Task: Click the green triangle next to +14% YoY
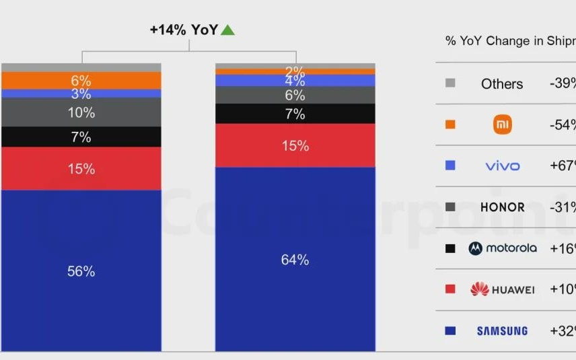coord(227,30)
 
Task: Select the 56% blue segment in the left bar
coord(81,271)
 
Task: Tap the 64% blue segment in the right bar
coord(295,259)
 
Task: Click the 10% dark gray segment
coord(81,112)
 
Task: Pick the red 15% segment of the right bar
coord(295,145)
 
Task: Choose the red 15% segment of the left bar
coord(81,169)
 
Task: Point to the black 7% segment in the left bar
coord(81,137)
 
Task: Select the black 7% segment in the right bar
coord(295,114)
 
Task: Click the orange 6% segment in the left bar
coord(81,80)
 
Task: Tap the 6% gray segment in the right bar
coord(295,95)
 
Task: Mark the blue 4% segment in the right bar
coord(295,81)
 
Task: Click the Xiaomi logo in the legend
coord(503,124)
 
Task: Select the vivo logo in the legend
coord(502,166)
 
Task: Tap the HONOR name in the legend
coord(502,207)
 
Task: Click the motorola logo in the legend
coord(503,248)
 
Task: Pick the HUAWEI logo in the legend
coord(502,289)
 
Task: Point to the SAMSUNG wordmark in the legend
coord(502,331)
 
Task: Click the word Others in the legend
coord(502,84)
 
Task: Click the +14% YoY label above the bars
coord(184,30)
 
